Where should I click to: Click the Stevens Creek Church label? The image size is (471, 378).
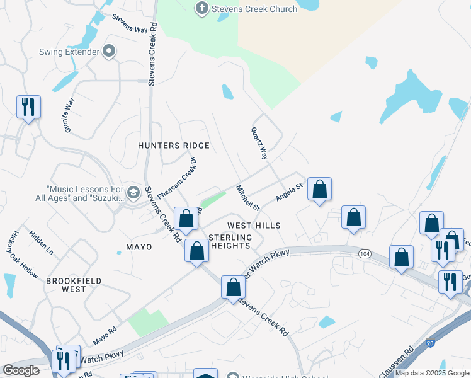pyautogui.click(x=254, y=9)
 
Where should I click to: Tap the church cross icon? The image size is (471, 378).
pyautogui.click(x=201, y=8)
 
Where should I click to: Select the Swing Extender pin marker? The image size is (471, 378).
pyautogui.click(x=109, y=51)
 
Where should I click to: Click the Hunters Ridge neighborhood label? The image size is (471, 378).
pyautogui.click(x=173, y=146)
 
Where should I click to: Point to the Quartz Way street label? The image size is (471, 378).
pyautogui.click(x=259, y=145)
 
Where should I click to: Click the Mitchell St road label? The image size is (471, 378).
pyautogui.click(x=248, y=197)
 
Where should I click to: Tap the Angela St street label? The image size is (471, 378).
pyautogui.click(x=290, y=192)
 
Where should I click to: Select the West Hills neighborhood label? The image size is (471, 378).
pyautogui.click(x=254, y=225)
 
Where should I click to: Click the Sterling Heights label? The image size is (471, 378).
pyautogui.click(x=230, y=241)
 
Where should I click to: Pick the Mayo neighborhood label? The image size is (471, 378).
pyautogui.click(x=139, y=247)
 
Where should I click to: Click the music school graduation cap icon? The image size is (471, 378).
pyautogui.click(x=133, y=192)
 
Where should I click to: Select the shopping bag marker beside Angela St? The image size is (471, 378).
pyautogui.click(x=320, y=188)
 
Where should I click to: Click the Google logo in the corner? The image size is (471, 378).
pyautogui.click(x=21, y=370)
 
